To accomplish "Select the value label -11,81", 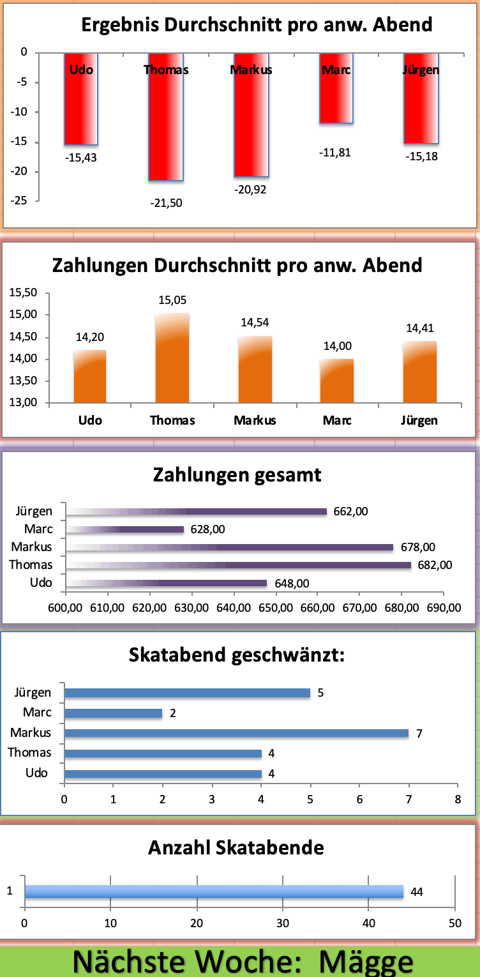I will [336, 153].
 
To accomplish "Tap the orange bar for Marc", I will [336, 381].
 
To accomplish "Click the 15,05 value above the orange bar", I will [172, 300].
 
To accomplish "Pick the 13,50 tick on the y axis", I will [24, 381].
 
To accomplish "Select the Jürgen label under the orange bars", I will [419, 420].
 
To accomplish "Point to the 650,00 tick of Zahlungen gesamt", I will [276, 607].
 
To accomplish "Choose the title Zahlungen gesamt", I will [237, 475].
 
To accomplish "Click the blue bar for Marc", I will [113, 713].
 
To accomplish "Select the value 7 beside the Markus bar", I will [419, 734].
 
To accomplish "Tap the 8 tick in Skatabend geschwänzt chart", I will [457, 798].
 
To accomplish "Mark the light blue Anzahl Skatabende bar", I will [214, 891].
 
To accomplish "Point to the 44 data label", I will [417, 892].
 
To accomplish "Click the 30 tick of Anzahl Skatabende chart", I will [283, 923].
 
